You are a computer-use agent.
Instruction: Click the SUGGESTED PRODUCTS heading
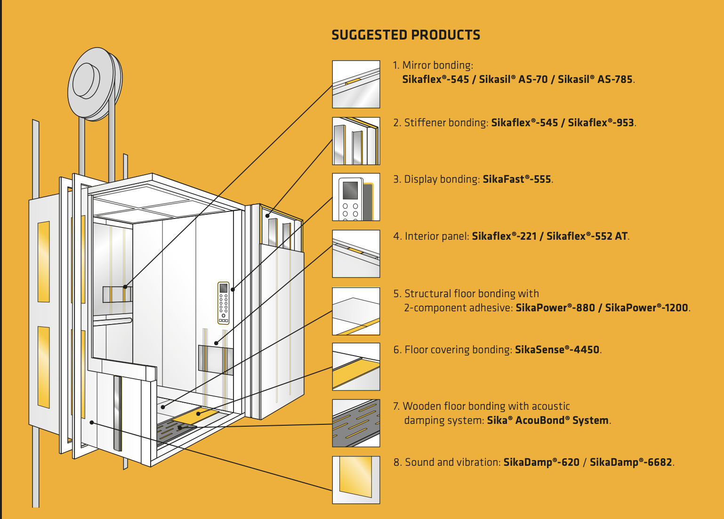pos(406,35)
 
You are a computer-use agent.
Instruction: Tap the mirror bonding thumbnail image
pos(356,84)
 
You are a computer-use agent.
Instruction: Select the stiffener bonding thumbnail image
pos(356,141)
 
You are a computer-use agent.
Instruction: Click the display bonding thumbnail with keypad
pos(356,197)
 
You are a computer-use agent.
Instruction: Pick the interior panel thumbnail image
pos(356,253)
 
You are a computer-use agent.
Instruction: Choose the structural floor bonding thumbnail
pos(356,311)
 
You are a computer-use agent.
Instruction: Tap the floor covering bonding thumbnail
pos(356,366)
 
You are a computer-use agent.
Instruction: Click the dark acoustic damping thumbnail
pos(356,423)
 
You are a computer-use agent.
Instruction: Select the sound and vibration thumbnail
pos(356,479)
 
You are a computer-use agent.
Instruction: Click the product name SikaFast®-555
pos(517,179)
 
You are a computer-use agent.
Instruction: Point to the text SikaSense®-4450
pos(557,350)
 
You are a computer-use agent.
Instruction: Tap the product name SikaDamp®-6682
pos(631,462)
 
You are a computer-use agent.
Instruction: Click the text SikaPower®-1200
pos(647,308)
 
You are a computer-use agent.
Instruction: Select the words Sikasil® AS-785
pos(595,80)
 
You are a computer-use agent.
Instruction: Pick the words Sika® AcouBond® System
pos(548,421)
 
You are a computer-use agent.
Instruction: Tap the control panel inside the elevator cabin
pos(224,303)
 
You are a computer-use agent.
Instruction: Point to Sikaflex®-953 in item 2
pos(601,123)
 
